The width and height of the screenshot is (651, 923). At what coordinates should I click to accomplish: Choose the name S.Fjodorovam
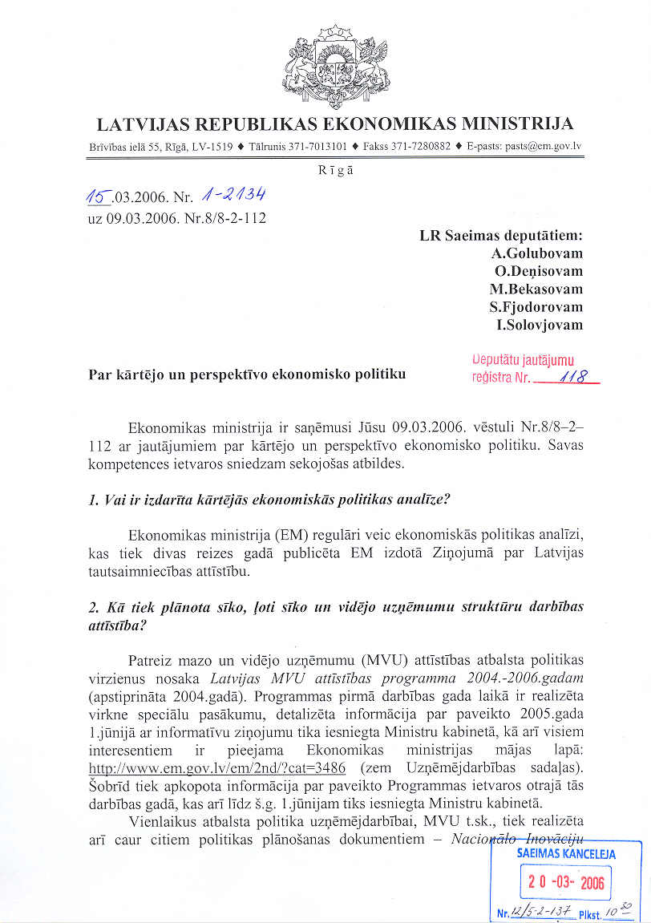pos(536,307)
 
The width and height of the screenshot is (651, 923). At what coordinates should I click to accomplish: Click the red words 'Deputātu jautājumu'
pos(523,362)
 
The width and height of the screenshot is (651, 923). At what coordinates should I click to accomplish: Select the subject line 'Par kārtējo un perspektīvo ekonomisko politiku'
pos(247,374)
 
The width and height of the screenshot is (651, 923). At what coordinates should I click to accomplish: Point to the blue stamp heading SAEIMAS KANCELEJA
pos(566,854)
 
